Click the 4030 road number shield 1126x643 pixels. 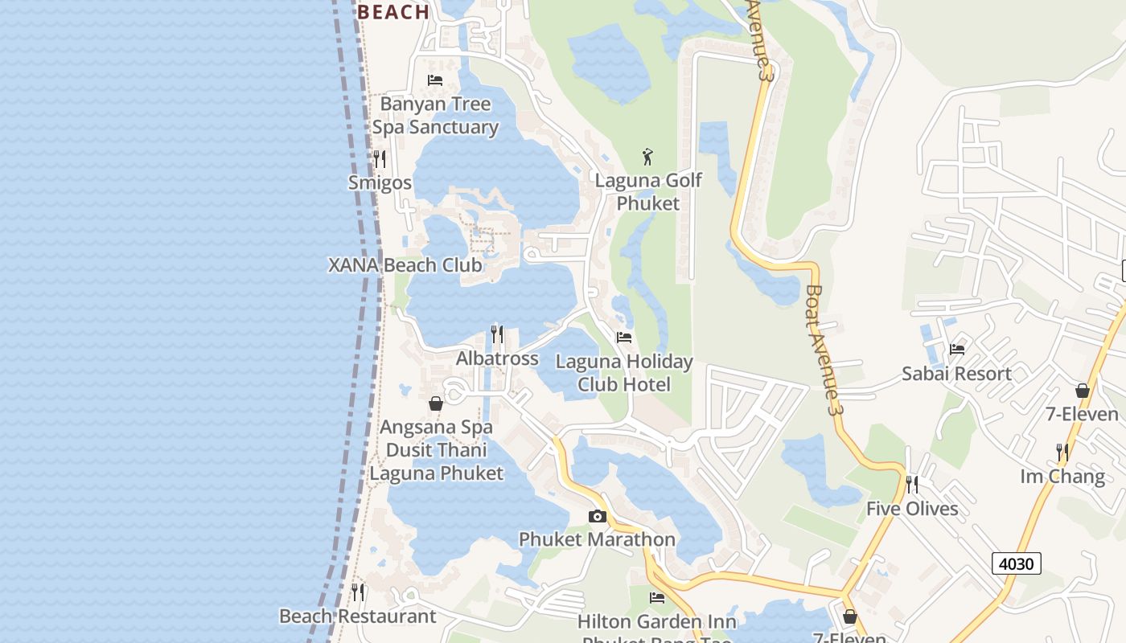[x=1016, y=563]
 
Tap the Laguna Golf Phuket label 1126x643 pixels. [x=648, y=191]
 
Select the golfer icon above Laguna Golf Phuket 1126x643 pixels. [x=647, y=157]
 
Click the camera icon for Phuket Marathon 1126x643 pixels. [x=597, y=516]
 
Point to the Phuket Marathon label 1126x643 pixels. [x=597, y=539]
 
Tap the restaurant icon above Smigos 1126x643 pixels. [x=380, y=159]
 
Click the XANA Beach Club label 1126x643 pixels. [x=405, y=265]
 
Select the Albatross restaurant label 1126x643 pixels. [x=497, y=358]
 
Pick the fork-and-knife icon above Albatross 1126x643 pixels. [x=497, y=334]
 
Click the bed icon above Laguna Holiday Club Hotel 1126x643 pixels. [x=623, y=338]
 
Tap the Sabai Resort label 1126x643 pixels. [x=956, y=374]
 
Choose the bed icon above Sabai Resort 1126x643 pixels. [x=956, y=349]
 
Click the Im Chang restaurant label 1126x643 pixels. [x=1062, y=477]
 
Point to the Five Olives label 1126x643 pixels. [x=912, y=509]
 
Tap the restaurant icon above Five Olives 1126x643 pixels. [x=912, y=484]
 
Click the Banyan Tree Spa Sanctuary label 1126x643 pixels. [x=435, y=116]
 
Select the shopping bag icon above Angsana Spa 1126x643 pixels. [x=436, y=403]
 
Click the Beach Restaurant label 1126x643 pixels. [x=357, y=616]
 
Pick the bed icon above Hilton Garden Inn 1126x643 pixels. [x=657, y=597]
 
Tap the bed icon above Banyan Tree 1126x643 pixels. [x=435, y=80]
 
